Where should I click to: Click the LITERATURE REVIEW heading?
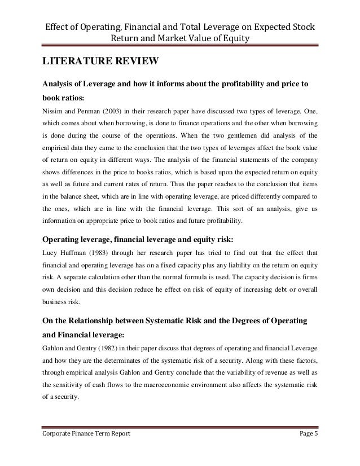(x=99, y=61)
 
